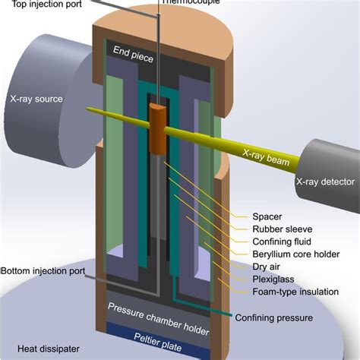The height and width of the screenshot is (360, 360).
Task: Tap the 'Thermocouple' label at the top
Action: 185,2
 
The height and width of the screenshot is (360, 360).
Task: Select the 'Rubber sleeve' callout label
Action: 283,227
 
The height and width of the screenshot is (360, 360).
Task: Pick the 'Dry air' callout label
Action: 267,267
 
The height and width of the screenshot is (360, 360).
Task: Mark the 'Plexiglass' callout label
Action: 275,279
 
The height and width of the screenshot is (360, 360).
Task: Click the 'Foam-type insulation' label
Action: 296,293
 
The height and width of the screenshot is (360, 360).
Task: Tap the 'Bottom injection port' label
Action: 42,271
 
